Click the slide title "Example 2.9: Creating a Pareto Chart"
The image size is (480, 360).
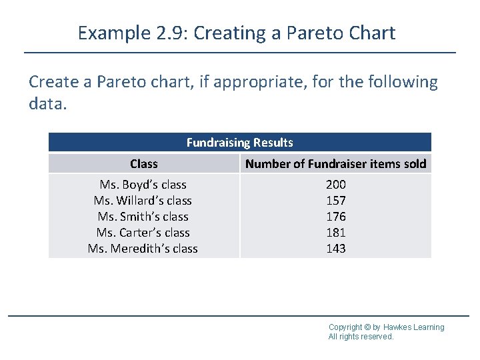pos(237,33)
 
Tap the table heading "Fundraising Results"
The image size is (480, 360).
pos(239,142)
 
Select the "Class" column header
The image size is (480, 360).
pos(144,164)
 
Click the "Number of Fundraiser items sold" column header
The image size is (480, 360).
pos(335,164)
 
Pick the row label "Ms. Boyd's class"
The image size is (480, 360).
pos(143,185)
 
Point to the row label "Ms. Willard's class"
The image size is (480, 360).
pos(143,201)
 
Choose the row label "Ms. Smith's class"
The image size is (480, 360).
pos(143,217)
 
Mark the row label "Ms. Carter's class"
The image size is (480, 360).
pos(143,233)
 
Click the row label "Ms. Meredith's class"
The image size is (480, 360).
pos(143,249)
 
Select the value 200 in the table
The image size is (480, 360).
pos(335,185)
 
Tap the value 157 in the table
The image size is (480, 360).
pos(335,201)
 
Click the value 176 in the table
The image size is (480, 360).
pos(335,217)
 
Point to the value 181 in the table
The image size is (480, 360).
pos(335,233)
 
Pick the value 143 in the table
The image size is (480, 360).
pos(335,249)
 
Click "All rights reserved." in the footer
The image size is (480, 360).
pos(361,337)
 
